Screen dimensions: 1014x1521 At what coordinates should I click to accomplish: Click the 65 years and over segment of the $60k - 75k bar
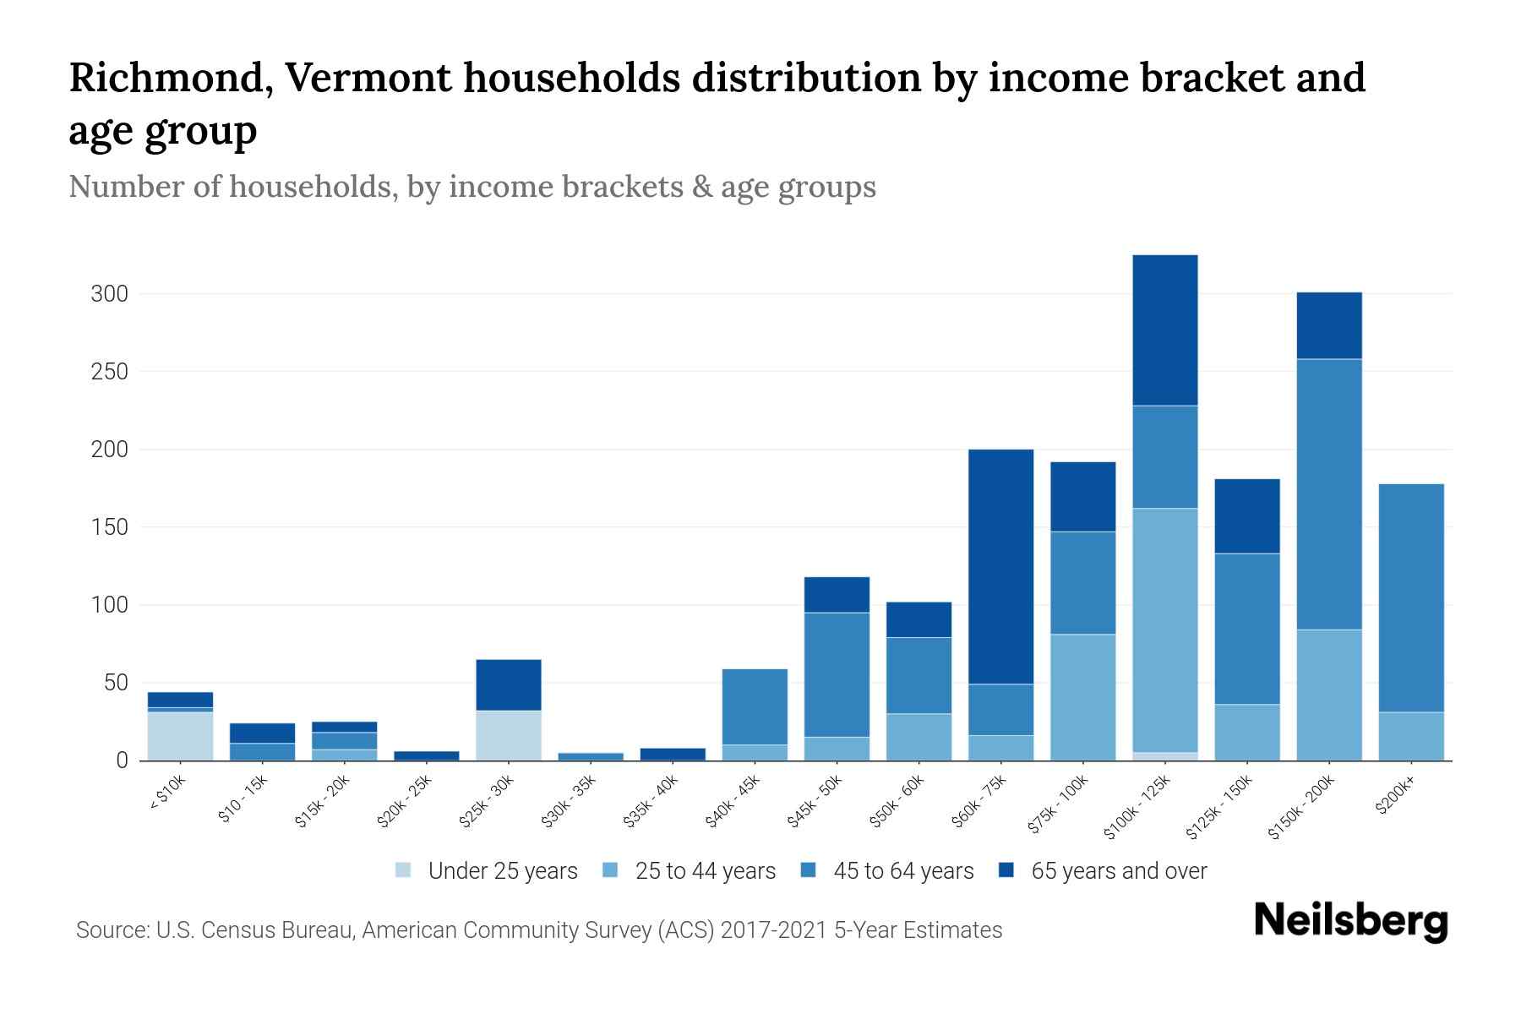1000,566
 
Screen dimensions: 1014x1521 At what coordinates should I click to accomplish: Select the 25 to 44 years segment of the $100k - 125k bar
1164,630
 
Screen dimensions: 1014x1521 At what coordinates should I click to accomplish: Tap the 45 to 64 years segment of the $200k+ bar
1410,597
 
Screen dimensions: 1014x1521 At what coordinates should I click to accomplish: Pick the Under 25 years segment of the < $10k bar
180,736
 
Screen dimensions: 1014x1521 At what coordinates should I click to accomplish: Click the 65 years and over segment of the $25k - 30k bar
509,684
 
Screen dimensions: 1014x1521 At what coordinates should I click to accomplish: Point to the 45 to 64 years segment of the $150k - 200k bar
1328,494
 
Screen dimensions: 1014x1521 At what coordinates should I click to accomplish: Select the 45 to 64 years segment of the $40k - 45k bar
755,706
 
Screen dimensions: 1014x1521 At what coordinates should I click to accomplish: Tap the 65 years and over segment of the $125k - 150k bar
1246,516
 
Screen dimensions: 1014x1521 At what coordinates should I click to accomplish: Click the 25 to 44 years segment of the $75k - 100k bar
1082,697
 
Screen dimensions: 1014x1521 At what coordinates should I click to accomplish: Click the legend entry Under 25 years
502,871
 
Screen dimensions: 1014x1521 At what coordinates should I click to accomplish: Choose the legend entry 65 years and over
1118,871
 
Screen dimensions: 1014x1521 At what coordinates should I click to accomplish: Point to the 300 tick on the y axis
110,294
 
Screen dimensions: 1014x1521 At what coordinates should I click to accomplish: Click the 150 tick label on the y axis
110,527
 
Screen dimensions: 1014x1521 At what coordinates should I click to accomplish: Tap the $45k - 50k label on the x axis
815,802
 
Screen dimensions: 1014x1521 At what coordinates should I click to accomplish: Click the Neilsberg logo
1350,921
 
